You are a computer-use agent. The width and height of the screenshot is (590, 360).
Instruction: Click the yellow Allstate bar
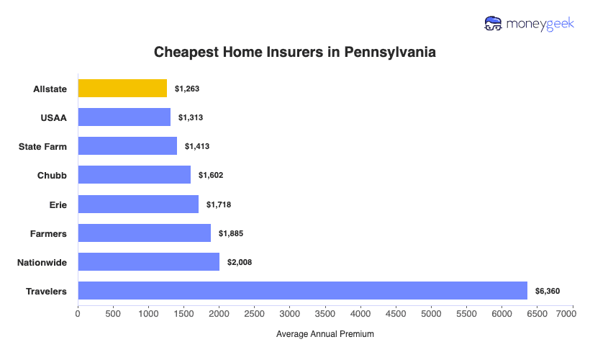122,89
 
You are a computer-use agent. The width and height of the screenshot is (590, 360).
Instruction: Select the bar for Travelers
302,291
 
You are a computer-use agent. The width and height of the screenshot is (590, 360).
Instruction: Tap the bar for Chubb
134,175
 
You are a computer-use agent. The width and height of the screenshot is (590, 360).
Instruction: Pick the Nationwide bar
148,262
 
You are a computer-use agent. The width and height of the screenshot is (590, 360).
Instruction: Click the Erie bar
138,204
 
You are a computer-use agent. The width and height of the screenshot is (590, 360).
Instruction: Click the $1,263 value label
186,89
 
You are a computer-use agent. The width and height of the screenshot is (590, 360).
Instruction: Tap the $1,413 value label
196,146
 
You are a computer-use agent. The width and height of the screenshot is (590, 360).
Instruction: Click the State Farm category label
42,146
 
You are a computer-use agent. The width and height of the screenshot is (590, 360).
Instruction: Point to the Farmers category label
49,233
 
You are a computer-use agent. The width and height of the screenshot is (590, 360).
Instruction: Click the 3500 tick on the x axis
325,314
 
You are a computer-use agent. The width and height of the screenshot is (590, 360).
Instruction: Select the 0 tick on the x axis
78,314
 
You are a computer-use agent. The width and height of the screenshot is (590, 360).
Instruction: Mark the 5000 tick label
431,314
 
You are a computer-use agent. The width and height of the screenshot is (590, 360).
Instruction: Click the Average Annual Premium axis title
325,334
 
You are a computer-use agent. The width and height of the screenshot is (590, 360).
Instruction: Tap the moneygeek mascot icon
494,24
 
